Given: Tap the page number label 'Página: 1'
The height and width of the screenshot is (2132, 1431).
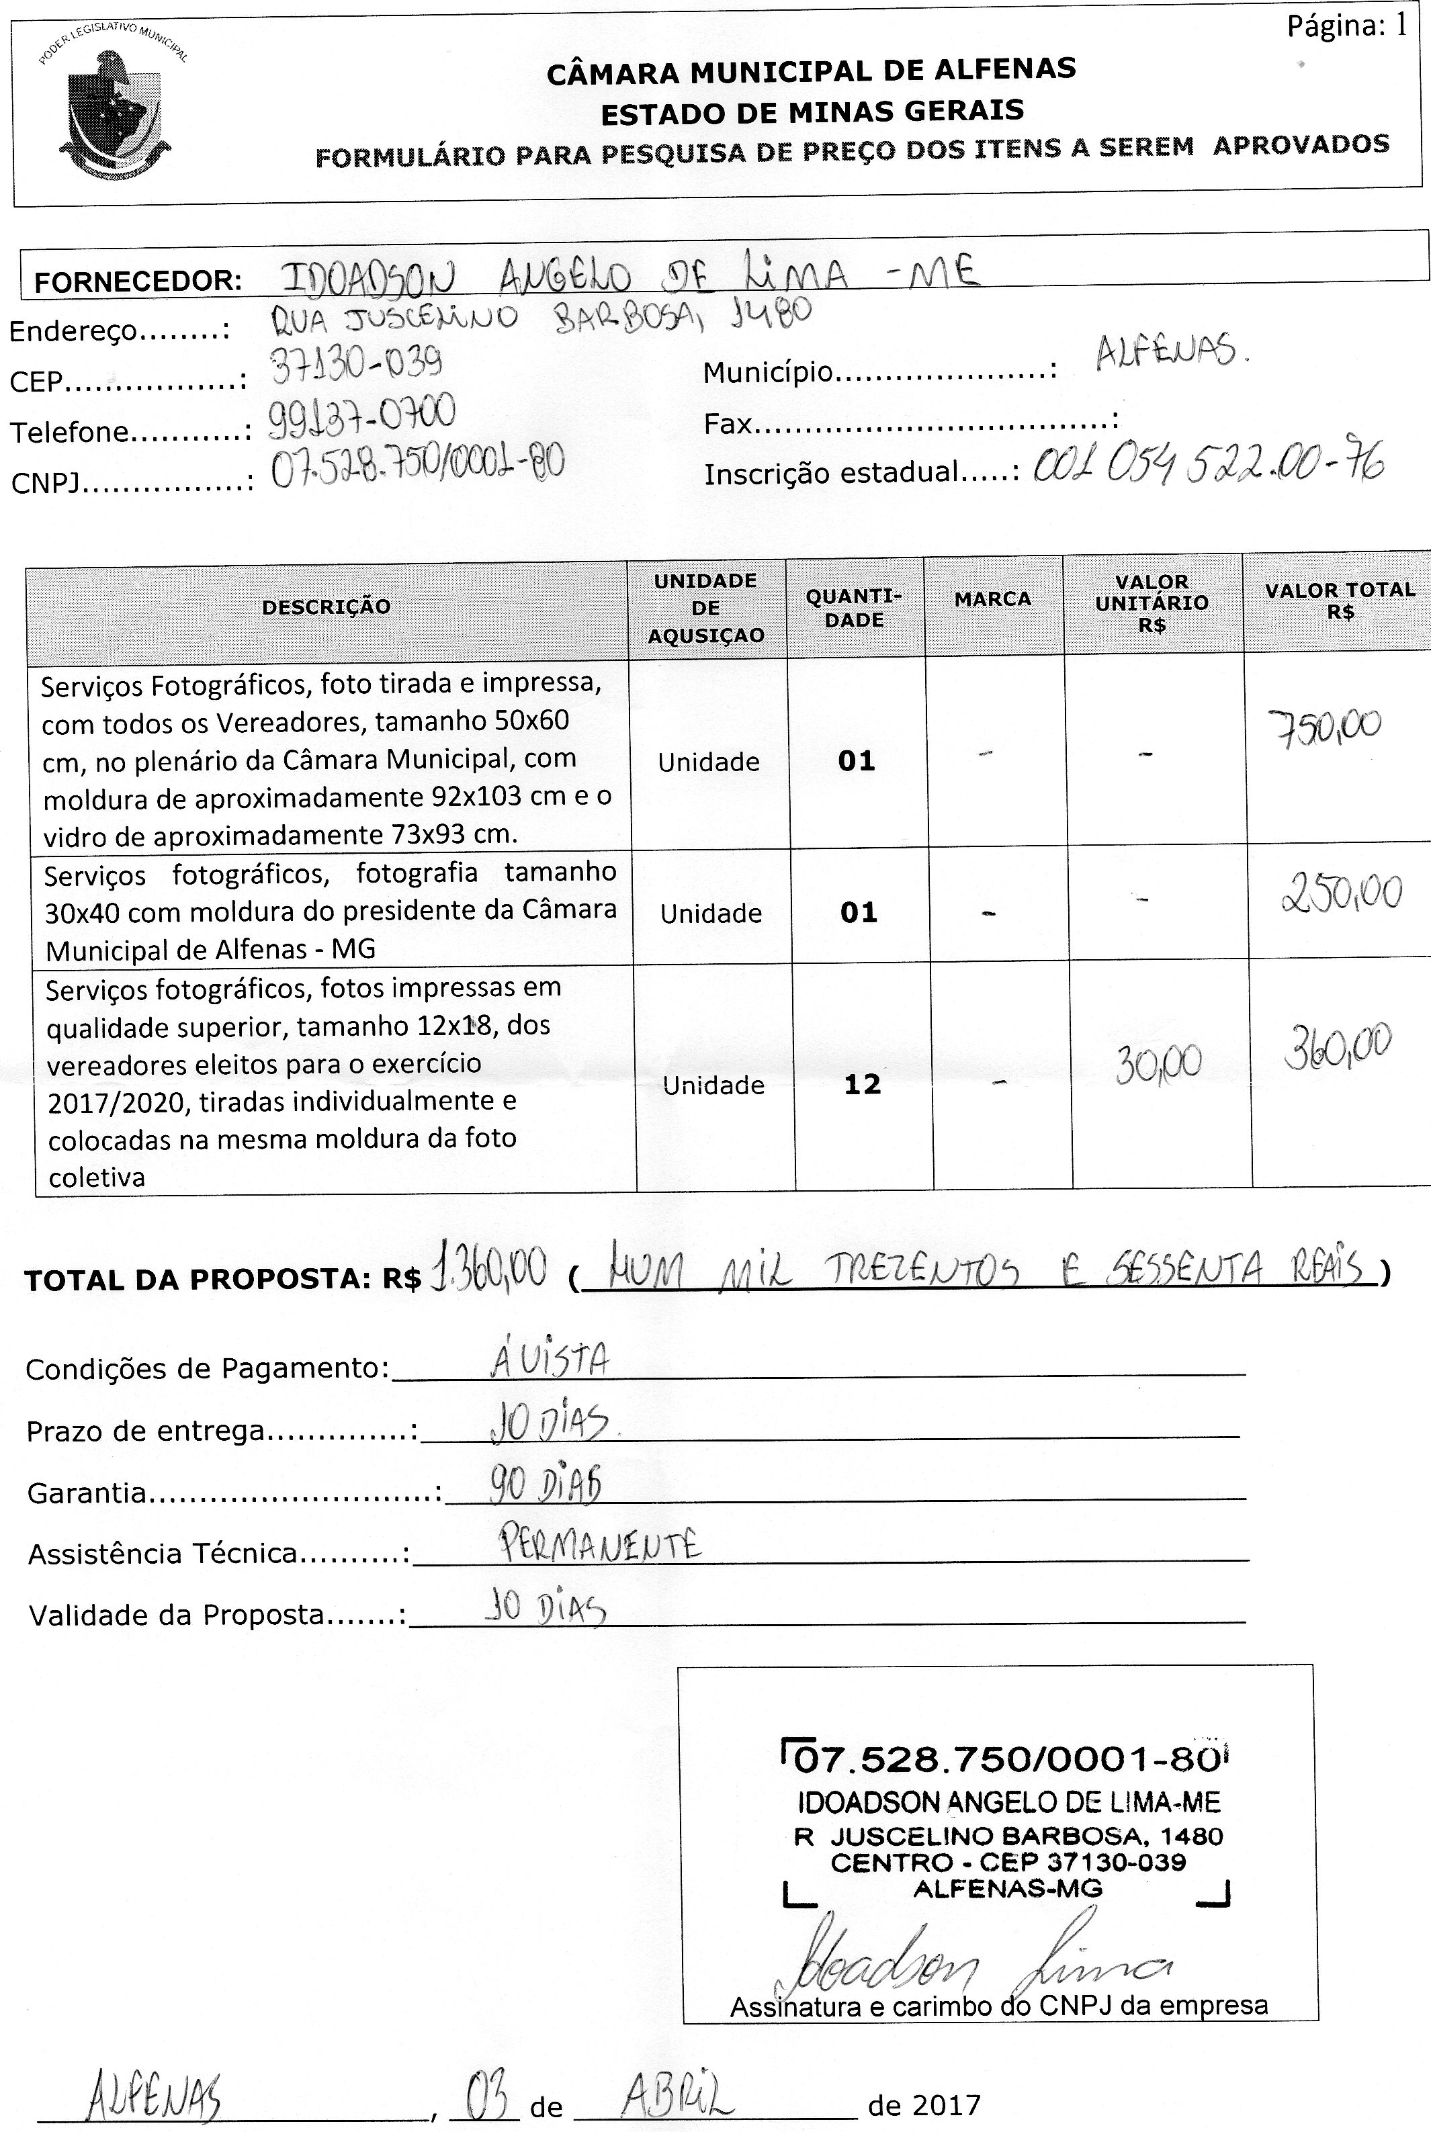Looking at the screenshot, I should (x=1346, y=28).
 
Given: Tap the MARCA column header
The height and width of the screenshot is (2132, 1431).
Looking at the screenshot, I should (x=992, y=599).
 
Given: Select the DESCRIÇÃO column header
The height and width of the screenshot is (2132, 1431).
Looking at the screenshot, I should (x=326, y=607).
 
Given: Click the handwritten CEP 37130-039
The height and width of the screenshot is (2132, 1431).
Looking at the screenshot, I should (x=357, y=367).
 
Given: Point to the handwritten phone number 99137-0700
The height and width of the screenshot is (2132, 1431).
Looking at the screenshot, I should (x=361, y=416).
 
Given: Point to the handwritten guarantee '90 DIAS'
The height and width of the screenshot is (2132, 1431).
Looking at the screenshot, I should (x=545, y=1485).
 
